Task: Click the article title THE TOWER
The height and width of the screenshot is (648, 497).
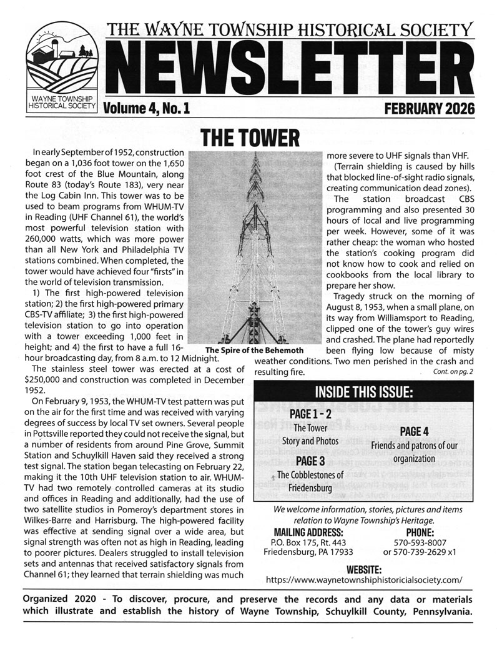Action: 249,135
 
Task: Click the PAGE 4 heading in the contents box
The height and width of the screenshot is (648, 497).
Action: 413,431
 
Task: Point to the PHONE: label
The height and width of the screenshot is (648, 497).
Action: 415,532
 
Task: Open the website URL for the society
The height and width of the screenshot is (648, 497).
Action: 364,579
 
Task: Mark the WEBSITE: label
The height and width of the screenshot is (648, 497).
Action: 363,568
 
